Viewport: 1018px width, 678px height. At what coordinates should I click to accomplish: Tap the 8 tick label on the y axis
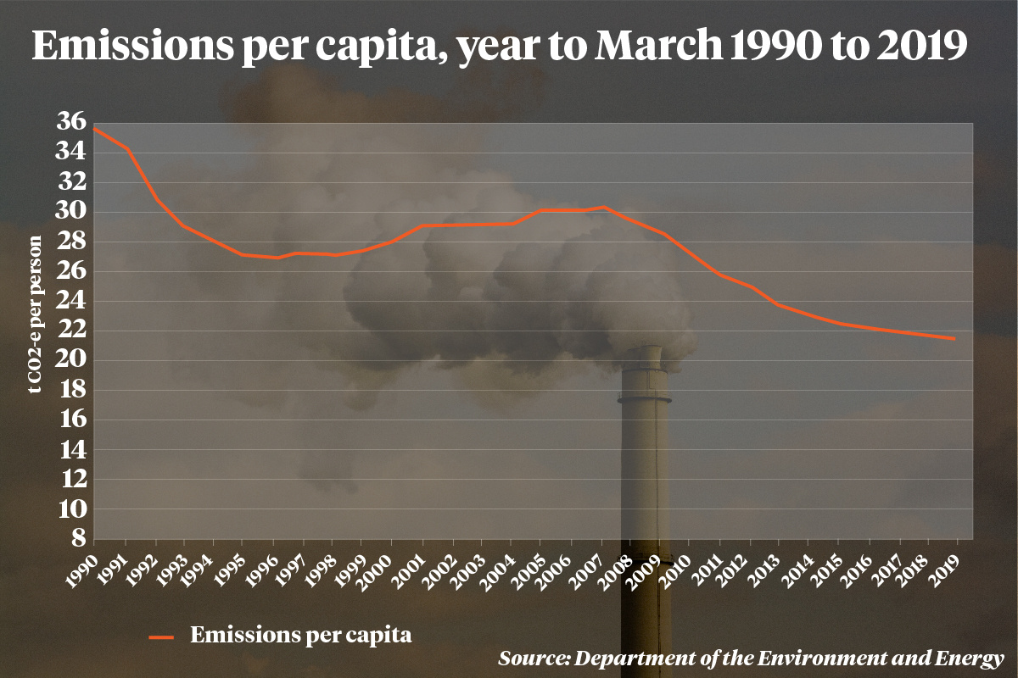pos(77,539)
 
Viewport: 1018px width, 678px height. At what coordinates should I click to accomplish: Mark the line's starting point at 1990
pos(95,129)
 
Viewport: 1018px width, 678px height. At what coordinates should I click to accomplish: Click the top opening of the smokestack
pos(643,347)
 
